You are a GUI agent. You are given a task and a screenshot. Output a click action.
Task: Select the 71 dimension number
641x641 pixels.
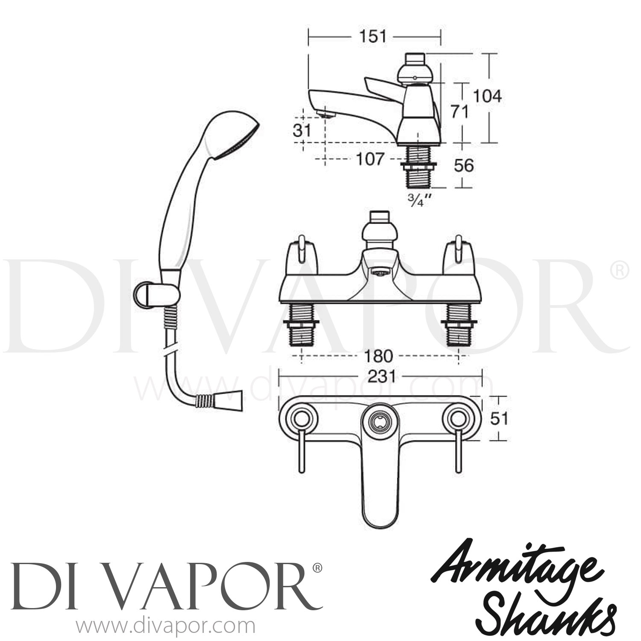pos(460,112)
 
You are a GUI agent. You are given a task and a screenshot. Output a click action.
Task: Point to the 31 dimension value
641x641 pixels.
pos(302,130)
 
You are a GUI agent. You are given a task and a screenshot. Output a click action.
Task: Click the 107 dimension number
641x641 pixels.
pos(370,159)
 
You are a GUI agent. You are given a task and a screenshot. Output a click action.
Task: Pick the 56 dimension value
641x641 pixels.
pos(463,165)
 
